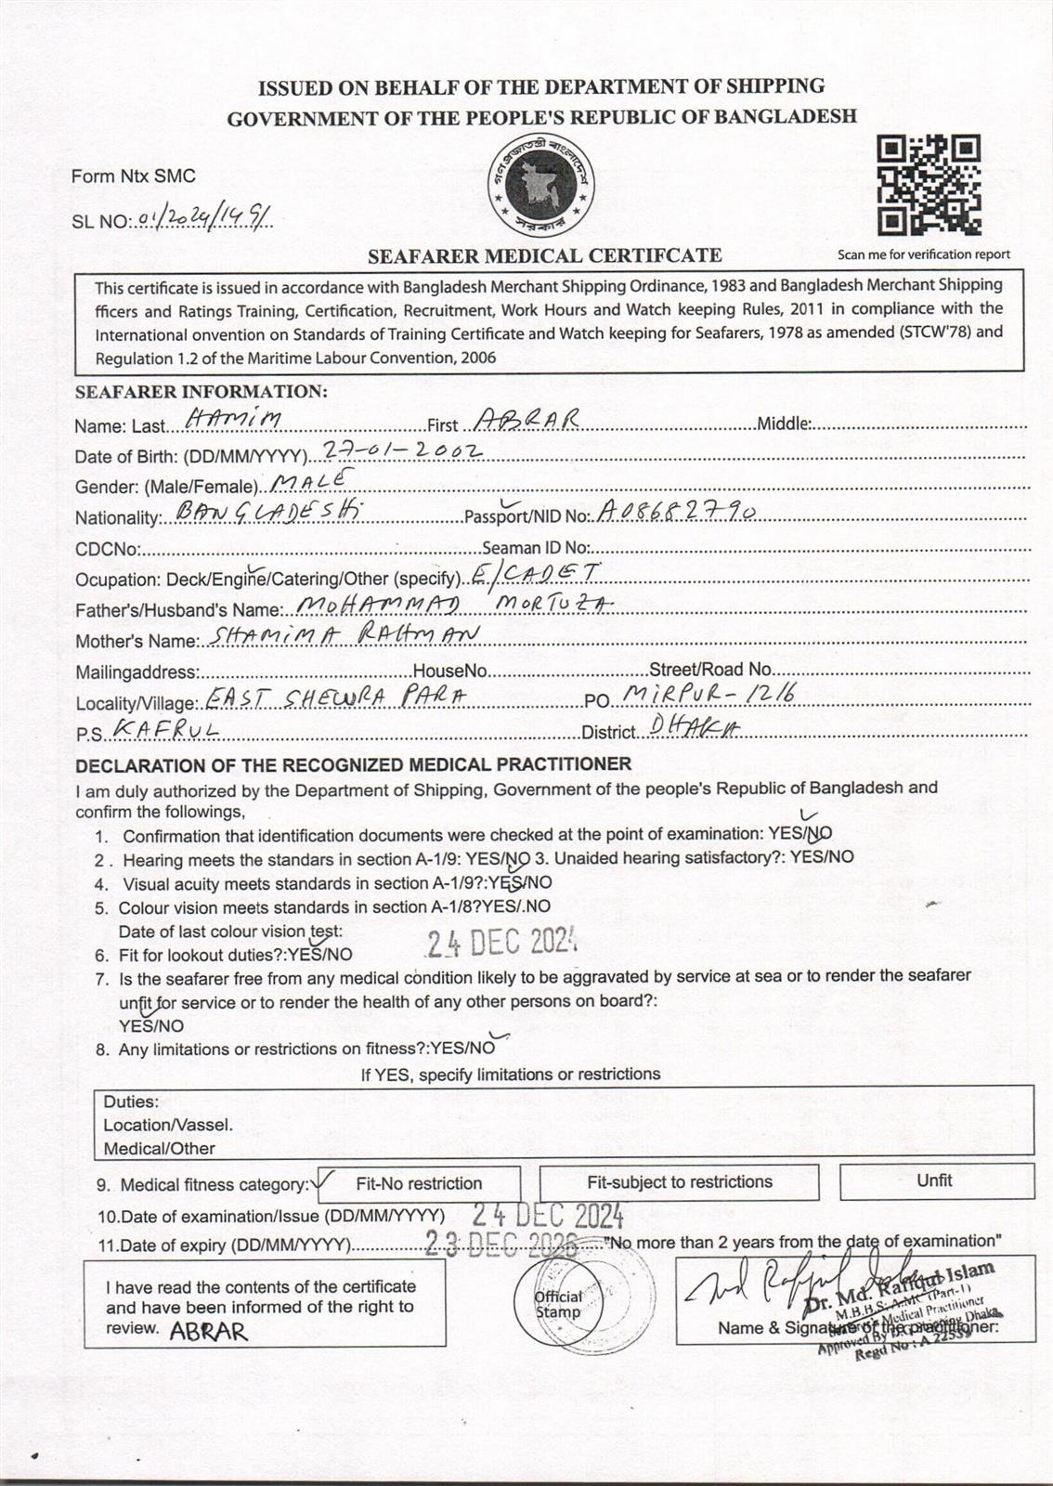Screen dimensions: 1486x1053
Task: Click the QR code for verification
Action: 929,185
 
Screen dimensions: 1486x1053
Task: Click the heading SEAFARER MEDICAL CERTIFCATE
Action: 544,255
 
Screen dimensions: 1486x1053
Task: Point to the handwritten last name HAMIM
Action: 233,420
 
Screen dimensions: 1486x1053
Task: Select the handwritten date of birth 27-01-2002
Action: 401,450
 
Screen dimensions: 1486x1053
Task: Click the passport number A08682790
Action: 677,511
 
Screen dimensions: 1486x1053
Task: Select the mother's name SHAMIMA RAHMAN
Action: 344,635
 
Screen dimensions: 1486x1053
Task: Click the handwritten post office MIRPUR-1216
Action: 708,694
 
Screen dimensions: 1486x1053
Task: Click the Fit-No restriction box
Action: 419,1183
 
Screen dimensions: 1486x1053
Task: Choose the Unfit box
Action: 935,1180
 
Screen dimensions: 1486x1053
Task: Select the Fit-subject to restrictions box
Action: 680,1182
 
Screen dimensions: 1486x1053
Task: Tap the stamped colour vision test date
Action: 501,944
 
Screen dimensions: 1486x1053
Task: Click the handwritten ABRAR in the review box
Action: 208,1332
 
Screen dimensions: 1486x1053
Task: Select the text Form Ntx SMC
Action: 134,176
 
